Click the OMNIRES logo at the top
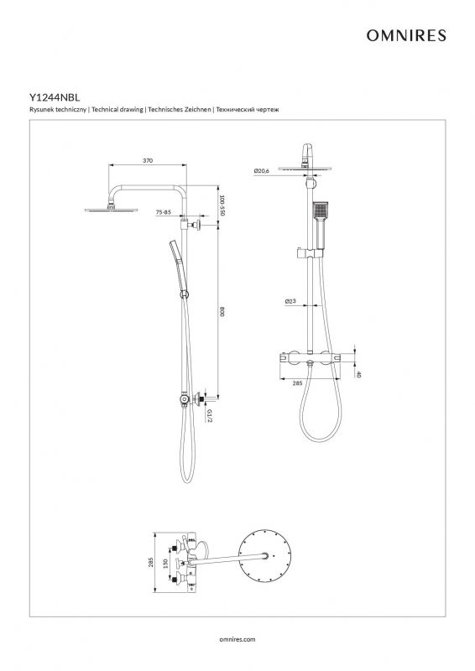(x=406, y=35)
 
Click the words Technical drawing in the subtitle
(x=117, y=110)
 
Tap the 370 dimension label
(x=148, y=160)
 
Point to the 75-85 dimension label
(x=163, y=212)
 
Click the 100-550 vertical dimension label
(x=222, y=205)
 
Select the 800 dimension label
(x=222, y=311)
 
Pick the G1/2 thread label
(x=210, y=415)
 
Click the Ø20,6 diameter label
(x=261, y=171)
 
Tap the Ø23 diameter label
(x=290, y=301)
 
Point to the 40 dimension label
(x=358, y=374)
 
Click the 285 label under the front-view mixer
(x=297, y=383)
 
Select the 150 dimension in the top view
(x=164, y=563)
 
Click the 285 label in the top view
(x=150, y=562)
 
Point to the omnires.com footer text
(x=237, y=639)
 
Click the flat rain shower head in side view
(x=112, y=210)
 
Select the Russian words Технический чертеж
(x=248, y=110)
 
